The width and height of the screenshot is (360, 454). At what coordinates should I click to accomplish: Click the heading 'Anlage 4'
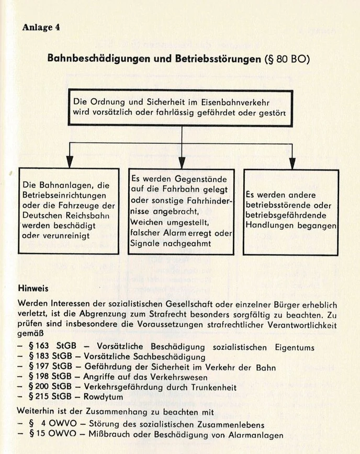pyautogui.click(x=41, y=28)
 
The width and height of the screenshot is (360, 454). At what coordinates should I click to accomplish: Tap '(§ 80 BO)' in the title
pyautogui.click(x=287, y=58)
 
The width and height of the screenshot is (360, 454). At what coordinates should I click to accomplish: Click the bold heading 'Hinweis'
pyautogui.click(x=33, y=288)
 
